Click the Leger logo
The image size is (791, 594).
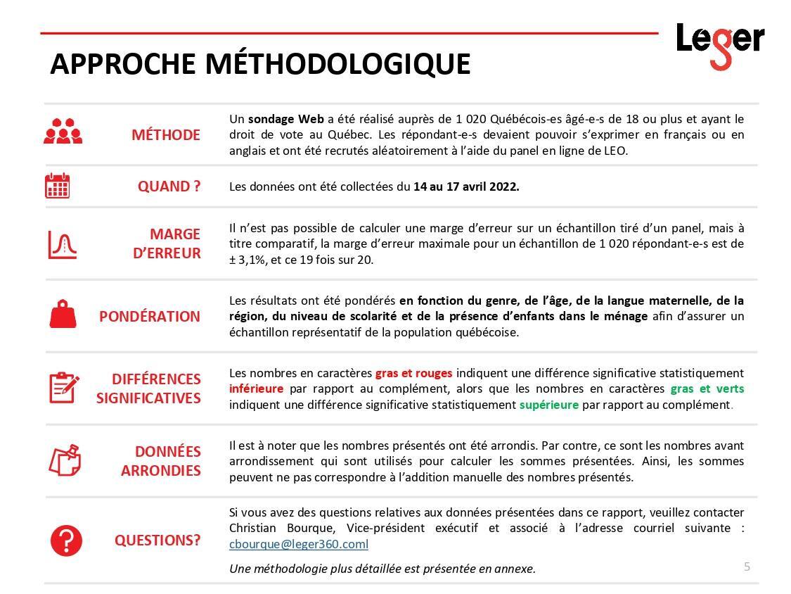click(719, 44)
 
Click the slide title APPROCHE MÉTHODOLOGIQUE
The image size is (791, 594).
click(260, 64)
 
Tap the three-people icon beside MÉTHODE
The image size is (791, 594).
click(63, 132)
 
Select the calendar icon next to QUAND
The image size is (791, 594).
click(58, 186)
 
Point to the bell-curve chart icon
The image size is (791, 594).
click(62, 244)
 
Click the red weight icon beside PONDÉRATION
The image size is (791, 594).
click(62, 314)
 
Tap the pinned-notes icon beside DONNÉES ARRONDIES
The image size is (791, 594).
click(64, 460)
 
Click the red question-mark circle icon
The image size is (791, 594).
click(66, 541)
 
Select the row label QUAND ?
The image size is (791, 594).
click(169, 187)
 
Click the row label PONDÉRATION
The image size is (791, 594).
click(149, 317)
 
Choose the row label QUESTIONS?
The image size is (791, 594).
click(157, 541)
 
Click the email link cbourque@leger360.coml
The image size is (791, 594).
click(299, 544)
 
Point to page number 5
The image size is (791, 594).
click(747, 567)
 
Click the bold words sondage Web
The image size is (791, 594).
click(286, 119)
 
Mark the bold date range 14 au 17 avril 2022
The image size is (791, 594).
click(466, 187)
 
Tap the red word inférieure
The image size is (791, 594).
click(257, 388)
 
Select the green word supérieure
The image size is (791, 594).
click(548, 405)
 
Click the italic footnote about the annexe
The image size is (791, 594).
click(382, 568)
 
